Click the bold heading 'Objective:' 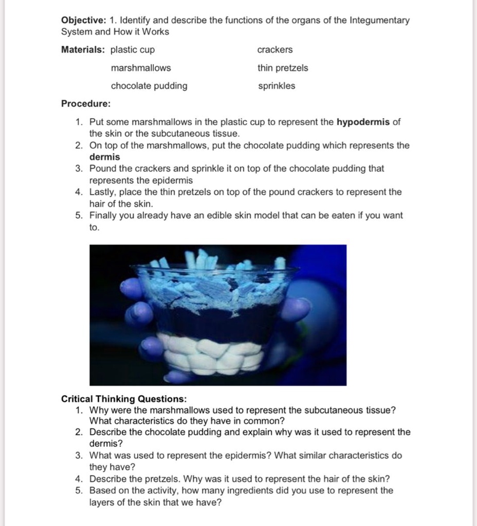pyautogui.click(x=83, y=21)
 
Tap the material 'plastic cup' pyautogui.click(x=133, y=50)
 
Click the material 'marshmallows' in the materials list pyautogui.click(x=141, y=68)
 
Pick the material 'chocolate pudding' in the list pyautogui.click(x=149, y=86)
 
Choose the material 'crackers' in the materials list pyautogui.click(x=275, y=50)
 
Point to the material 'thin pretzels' pyautogui.click(x=283, y=68)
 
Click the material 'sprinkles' pyautogui.click(x=277, y=86)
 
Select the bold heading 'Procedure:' pyautogui.click(x=86, y=104)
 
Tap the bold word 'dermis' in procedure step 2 pyautogui.click(x=104, y=157)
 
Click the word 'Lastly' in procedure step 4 pyautogui.click(x=102, y=192)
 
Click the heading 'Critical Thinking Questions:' pyautogui.click(x=124, y=399)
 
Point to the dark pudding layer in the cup pyautogui.click(x=216, y=321)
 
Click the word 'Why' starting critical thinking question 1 pyautogui.click(x=99, y=410)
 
